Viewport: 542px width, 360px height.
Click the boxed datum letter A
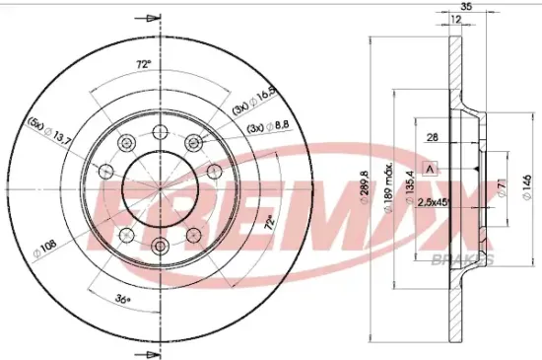click(430, 168)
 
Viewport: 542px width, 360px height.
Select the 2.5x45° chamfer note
click(435, 202)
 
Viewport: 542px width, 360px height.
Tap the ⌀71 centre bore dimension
click(501, 187)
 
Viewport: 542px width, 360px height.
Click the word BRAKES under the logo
click(463, 257)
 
